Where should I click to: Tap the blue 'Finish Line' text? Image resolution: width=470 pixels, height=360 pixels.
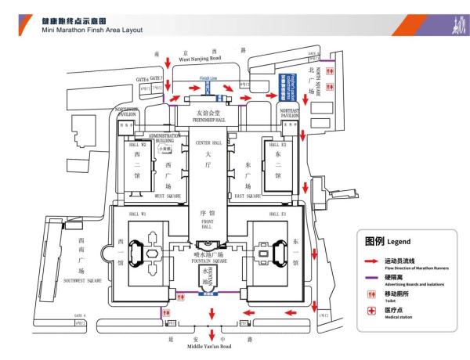point(208,77)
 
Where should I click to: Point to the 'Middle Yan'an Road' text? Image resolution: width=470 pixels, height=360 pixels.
point(211,345)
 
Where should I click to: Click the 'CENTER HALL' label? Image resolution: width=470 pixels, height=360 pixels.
point(209,142)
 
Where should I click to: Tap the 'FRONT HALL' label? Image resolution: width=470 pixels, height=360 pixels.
point(209,224)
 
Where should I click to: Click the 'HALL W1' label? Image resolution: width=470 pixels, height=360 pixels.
point(128,214)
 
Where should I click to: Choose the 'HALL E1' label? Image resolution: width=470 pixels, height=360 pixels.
point(279,214)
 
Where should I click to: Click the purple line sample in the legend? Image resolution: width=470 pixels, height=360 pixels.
point(370,278)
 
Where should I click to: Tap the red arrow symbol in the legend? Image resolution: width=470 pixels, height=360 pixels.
point(370,261)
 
